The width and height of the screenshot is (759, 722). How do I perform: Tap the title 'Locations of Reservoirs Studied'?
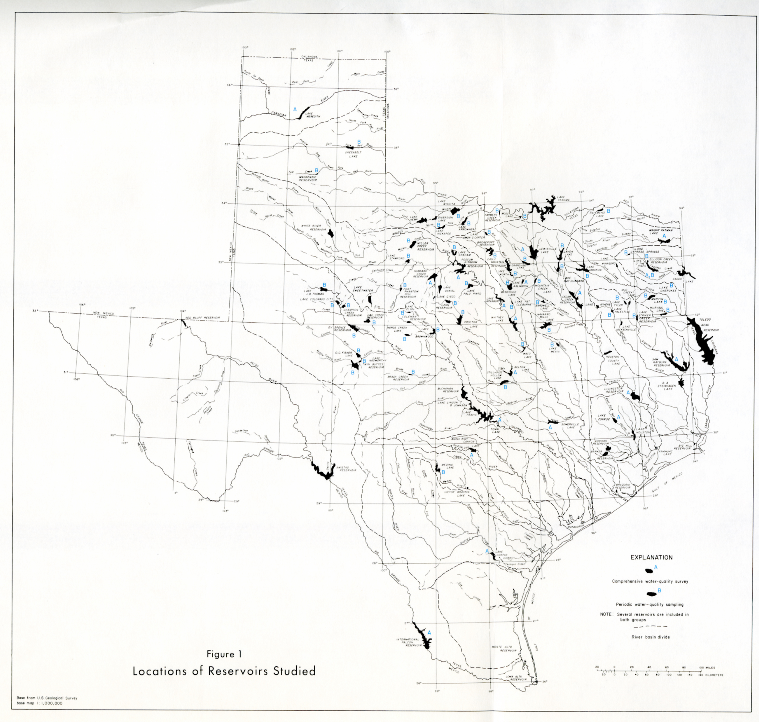coord(224,671)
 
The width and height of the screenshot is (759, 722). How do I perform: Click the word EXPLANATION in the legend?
coord(651,557)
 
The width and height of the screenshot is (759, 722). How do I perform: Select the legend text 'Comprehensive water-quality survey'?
coord(650,581)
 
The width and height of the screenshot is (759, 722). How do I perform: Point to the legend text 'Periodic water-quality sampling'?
coord(649,604)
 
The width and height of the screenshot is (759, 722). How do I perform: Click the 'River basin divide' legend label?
coord(650,637)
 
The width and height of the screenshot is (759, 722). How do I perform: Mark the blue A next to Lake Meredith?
coord(295,109)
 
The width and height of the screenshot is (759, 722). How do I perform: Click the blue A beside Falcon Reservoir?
coord(429,632)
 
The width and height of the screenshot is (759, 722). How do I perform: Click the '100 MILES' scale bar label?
coord(708,667)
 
